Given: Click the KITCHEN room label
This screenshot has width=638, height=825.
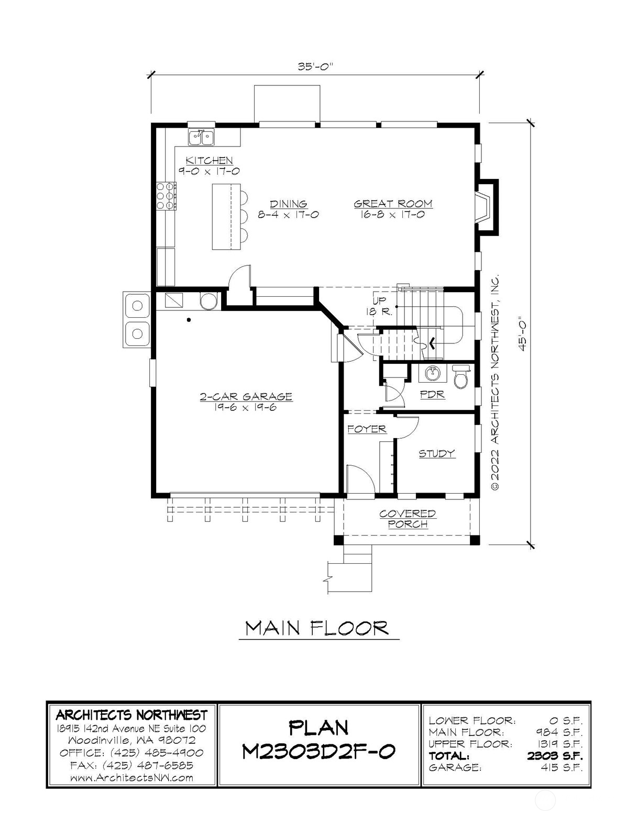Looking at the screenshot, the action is [x=209, y=160].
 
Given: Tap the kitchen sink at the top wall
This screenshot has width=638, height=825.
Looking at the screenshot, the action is [x=201, y=137].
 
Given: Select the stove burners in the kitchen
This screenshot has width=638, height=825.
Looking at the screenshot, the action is [x=167, y=196].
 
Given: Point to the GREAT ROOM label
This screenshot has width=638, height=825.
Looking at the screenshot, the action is [x=393, y=204].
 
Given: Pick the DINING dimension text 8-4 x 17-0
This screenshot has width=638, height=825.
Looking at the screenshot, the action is [x=289, y=215].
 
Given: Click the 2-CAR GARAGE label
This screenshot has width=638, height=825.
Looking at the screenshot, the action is [x=246, y=397].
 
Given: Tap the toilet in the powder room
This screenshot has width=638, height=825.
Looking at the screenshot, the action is [x=461, y=376].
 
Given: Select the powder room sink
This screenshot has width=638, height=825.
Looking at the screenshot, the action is [x=432, y=374].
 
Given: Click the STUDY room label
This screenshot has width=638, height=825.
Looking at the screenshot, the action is [x=437, y=454].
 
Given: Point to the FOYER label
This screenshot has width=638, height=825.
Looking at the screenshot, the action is [x=367, y=429].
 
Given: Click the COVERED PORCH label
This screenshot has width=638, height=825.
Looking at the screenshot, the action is [x=408, y=519].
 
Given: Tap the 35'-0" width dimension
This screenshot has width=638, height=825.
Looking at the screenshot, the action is [x=315, y=66].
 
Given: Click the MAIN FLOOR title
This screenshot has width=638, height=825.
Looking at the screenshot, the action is [x=317, y=628].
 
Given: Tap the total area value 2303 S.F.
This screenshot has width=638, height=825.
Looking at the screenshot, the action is [x=555, y=755].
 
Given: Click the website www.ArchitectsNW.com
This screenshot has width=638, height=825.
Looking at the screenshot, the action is [x=132, y=777].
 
